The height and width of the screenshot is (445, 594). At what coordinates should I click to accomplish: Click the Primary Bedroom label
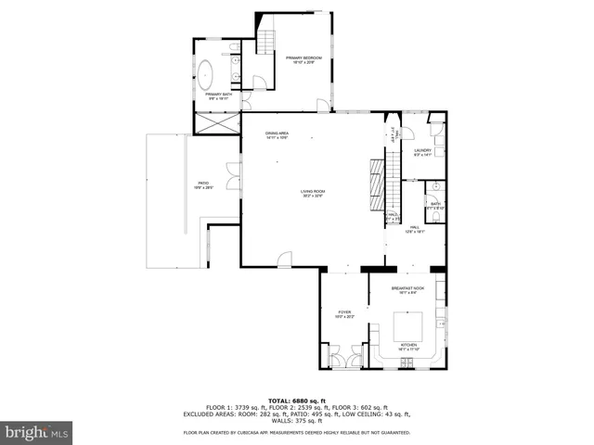304,60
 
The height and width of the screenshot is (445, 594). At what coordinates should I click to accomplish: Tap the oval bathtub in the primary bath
207,72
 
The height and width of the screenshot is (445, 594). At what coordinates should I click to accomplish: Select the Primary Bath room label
220,95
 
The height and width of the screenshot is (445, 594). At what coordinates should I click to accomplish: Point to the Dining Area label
278,135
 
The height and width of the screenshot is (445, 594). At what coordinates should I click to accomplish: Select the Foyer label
344,314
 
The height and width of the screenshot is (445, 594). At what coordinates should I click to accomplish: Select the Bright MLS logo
36,432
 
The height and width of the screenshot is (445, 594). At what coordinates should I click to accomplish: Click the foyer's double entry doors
344,356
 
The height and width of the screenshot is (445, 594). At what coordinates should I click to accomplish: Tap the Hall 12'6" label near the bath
415,228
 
